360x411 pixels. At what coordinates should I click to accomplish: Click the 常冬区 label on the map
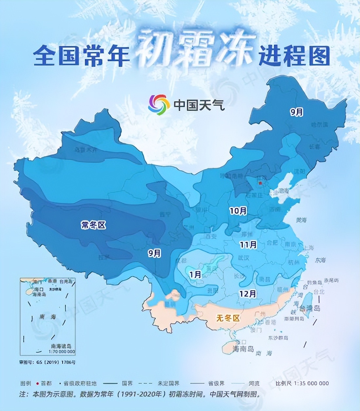(x=94, y=225)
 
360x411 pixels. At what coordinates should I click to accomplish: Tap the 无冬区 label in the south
(x=228, y=318)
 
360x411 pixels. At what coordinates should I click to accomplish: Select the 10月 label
(x=238, y=211)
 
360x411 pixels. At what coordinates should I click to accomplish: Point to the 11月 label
(x=248, y=244)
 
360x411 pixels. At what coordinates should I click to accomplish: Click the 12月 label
(x=247, y=294)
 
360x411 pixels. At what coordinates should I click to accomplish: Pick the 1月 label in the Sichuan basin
(x=195, y=275)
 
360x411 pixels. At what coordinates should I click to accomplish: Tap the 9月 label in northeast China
(x=297, y=112)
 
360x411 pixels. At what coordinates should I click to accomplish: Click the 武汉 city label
(x=243, y=258)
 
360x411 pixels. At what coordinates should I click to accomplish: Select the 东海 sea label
(x=320, y=260)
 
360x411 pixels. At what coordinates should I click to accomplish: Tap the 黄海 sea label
(x=301, y=220)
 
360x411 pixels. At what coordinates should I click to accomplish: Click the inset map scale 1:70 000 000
(x=62, y=351)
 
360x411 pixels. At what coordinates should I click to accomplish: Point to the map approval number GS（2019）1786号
(x=47, y=362)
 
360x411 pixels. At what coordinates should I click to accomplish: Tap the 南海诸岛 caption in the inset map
(x=61, y=346)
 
